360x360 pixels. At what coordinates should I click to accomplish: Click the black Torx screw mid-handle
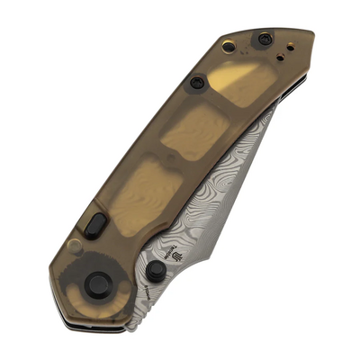pyautogui.click(x=196, y=83)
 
